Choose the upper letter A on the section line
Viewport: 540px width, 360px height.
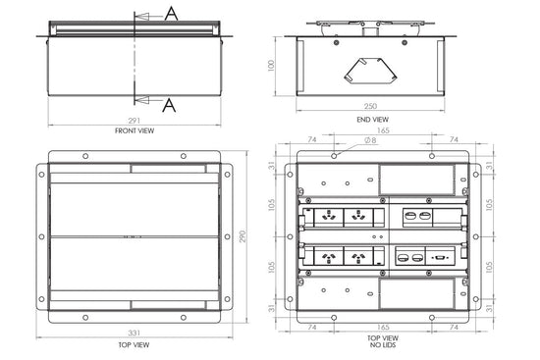click(170, 13)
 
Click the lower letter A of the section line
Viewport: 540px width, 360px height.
click(170, 102)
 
